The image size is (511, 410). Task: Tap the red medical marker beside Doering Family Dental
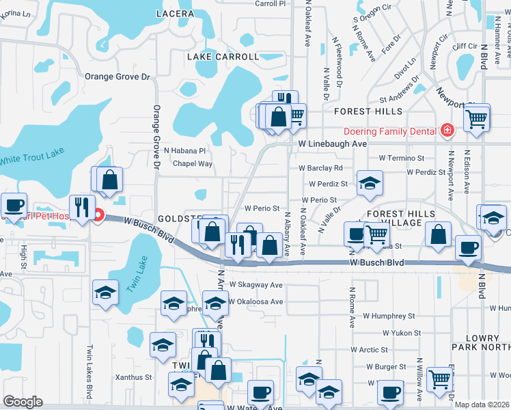pos(447,129)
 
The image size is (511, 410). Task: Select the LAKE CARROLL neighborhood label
pos(223,57)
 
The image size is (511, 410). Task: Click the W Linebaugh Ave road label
pos(333,144)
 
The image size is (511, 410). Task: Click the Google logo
pos(23,402)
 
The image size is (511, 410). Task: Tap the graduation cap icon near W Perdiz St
pos(370,182)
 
